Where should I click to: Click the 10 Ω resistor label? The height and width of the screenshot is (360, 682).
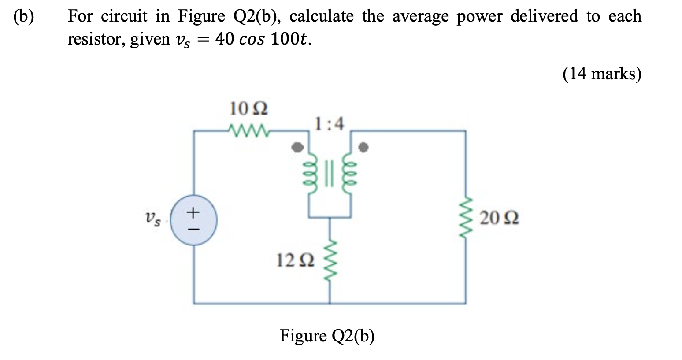click(x=248, y=108)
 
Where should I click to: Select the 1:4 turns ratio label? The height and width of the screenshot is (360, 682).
click(x=330, y=123)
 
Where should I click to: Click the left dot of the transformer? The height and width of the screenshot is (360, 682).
click(x=298, y=147)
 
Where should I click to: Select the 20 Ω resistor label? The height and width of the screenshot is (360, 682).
click(x=499, y=218)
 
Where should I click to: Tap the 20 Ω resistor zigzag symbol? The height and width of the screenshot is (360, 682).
click(x=465, y=218)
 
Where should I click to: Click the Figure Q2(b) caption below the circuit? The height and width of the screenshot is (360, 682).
click(x=327, y=336)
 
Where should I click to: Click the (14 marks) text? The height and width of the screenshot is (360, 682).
click(x=601, y=74)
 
